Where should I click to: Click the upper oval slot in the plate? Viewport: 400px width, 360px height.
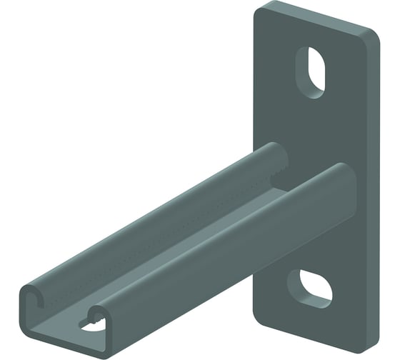pos(313,72)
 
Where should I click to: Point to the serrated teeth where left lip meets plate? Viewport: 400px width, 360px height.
pos(279,169)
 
